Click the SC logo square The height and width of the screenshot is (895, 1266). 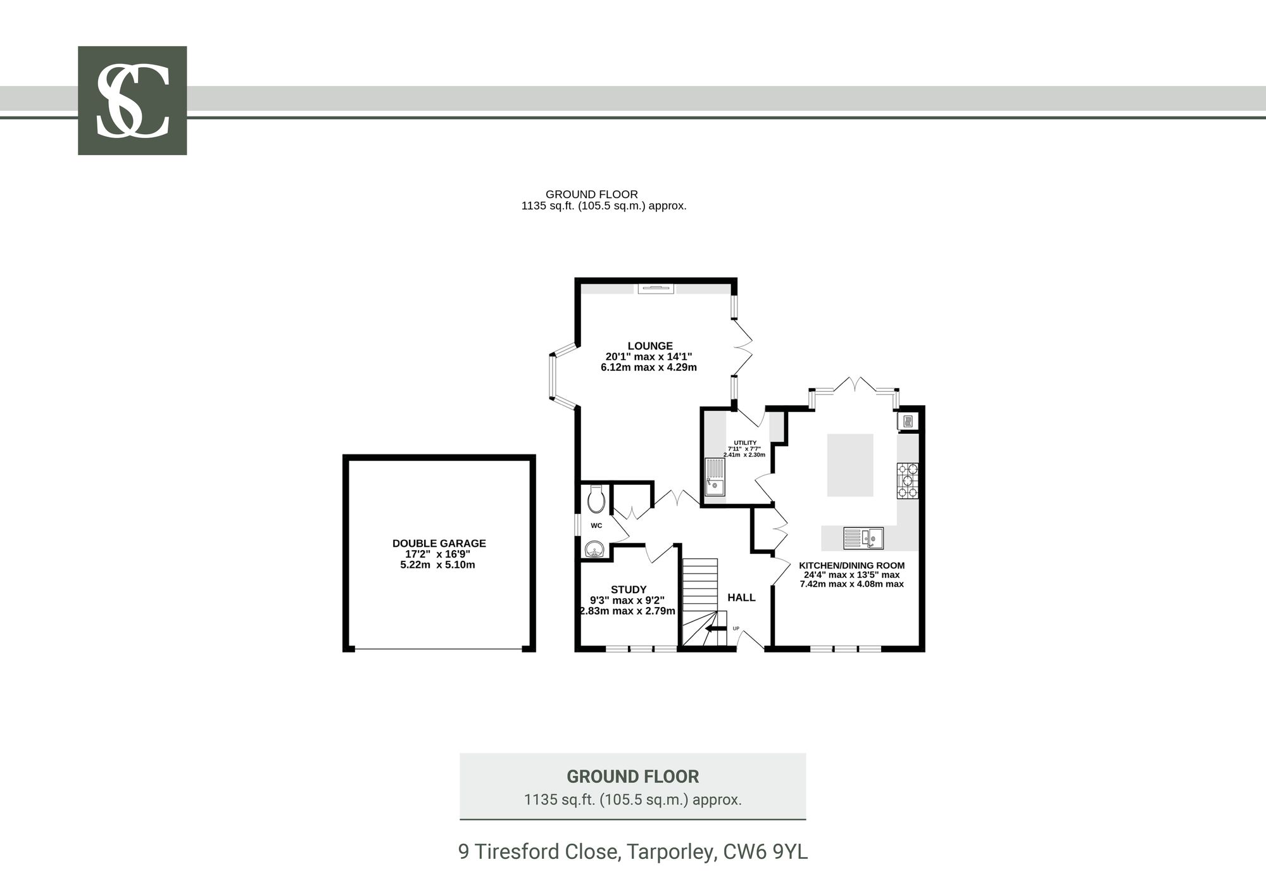pyautogui.click(x=132, y=101)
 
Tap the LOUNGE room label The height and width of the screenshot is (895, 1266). pyautogui.click(x=650, y=346)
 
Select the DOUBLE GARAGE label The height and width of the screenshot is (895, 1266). pyautogui.click(x=439, y=543)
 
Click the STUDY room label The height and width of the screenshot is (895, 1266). pyautogui.click(x=629, y=590)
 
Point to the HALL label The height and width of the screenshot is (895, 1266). pyautogui.click(x=741, y=598)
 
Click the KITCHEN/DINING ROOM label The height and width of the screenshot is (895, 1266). pyautogui.click(x=852, y=566)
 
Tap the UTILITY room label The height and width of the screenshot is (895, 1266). pyautogui.click(x=745, y=443)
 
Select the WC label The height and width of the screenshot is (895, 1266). pyautogui.click(x=596, y=525)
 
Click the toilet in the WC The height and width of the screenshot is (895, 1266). pyautogui.click(x=596, y=499)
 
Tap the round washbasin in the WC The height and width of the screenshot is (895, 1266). pyautogui.click(x=595, y=549)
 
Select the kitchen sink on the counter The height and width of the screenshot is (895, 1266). pyautogui.click(x=863, y=538)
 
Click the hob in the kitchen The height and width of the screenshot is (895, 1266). pyautogui.click(x=907, y=480)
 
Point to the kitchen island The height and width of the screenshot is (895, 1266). pyautogui.click(x=850, y=465)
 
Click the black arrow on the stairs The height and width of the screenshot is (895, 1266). pyautogui.click(x=716, y=629)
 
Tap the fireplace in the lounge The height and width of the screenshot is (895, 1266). pyautogui.click(x=656, y=289)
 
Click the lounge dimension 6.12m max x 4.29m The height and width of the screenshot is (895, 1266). pyautogui.click(x=649, y=367)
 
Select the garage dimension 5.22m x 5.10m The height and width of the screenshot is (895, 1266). pyautogui.click(x=437, y=565)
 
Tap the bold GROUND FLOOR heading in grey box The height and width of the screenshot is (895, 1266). pyautogui.click(x=633, y=777)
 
